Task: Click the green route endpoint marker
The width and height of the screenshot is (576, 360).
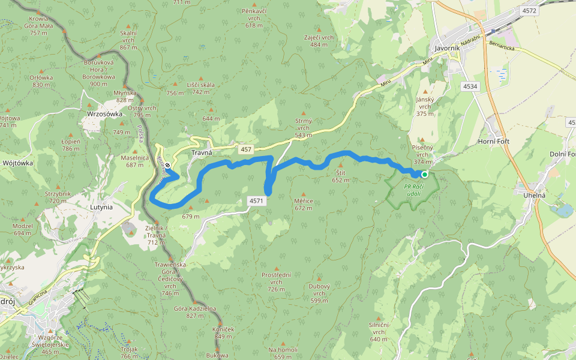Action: [x=425, y=175]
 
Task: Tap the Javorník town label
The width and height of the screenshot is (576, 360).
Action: [x=446, y=49]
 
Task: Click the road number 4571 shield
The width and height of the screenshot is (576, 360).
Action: [x=256, y=201]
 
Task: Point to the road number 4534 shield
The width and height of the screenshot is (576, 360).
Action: [x=470, y=87]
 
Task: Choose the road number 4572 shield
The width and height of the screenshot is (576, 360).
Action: [x=530, y=11]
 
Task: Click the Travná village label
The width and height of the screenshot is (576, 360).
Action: [x=202, y=153]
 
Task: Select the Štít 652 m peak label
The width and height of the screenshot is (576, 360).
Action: [x=341, y=176]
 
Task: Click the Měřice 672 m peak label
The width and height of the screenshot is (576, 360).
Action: [x=303, y=205]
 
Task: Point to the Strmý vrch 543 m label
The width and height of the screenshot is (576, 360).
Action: [x=303, y=127]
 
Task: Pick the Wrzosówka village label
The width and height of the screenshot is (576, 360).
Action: [x=104, y=113]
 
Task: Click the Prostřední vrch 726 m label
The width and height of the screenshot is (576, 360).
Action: [x=276, y=281]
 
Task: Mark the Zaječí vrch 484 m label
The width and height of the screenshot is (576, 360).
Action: [x=319, y=41]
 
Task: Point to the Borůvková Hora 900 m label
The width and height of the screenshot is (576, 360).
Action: [x=98, y=73]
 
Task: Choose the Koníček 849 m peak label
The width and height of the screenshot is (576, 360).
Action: [x=222, y=333]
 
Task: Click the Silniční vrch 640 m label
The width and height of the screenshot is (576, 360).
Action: [x=379, y=331]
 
